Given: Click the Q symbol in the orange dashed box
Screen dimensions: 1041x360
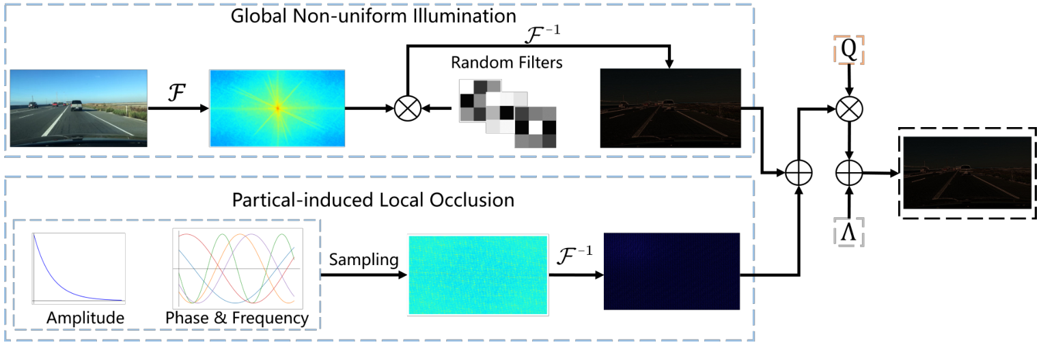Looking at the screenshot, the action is pos(848,49).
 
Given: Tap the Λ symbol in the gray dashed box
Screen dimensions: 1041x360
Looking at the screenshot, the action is pos(848,232).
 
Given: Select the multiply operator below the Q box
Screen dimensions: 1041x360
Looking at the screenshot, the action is pos(849,109).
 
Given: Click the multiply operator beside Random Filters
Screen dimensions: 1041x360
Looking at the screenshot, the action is pos(408,109).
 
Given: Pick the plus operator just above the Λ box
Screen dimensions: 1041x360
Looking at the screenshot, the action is pos(849,173).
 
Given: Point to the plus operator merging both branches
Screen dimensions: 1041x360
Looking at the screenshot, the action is pos(799,174).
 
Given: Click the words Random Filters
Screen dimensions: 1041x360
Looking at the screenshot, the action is pos(507,63).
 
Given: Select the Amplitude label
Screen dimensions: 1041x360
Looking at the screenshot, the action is pos(85,318).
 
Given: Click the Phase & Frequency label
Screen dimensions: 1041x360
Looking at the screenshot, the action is pos(237,318).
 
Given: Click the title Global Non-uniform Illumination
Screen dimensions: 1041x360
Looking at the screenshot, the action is pos(373,16).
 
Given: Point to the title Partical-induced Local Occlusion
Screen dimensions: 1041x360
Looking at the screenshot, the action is pos(373,200).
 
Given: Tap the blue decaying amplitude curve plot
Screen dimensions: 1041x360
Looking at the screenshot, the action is pos(79,268).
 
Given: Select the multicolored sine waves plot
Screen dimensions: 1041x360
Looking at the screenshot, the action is pos(238,268).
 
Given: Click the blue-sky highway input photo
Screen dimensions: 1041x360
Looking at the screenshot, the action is pos(79,108).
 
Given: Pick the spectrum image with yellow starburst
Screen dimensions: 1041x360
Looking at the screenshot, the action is pos(277,108).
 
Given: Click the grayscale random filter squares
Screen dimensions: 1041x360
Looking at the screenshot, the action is pos(508,114).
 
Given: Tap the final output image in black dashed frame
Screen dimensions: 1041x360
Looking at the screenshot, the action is pos(967,173).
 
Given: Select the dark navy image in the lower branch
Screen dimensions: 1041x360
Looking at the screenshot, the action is pos(671,271).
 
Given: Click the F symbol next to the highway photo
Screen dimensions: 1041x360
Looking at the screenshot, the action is pos(177,93).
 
